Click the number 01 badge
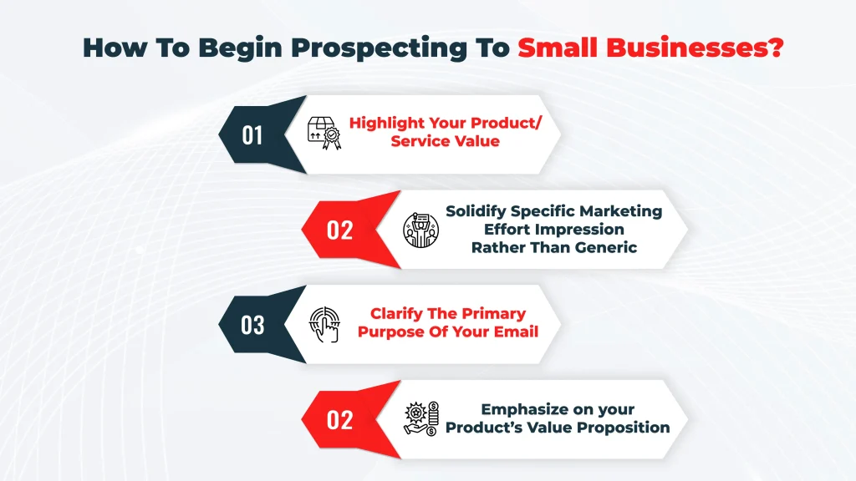252,134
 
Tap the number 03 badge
252,324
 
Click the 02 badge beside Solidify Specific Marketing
339,230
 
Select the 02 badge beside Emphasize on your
339,419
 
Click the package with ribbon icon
326,134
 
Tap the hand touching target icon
324,325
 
